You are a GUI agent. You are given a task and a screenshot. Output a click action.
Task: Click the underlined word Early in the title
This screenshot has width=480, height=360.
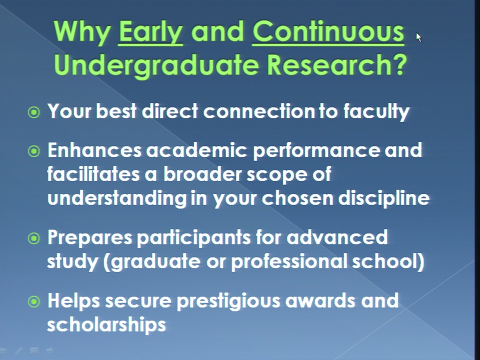tap(150, 32)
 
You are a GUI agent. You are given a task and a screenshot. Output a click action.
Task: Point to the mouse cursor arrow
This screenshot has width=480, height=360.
tap(419, 37)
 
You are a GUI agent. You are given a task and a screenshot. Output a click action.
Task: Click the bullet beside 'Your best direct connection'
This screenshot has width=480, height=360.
tap(33, 112)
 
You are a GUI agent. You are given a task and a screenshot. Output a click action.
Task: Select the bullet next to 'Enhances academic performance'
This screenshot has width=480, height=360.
tap(33, 151)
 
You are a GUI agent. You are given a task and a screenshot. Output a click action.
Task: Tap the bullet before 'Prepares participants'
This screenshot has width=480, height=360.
tap(33, 238)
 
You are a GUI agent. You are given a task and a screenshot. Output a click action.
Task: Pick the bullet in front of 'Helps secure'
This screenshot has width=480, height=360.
tap(33, 302)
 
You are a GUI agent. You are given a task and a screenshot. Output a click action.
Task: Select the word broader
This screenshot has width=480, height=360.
tap(202, 174)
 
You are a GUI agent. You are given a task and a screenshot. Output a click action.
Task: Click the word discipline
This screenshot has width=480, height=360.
tap(384, 198)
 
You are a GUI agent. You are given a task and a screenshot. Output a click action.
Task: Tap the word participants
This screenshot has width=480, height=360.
tap(193, 238)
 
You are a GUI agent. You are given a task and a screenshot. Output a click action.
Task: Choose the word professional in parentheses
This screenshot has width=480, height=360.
tap(289, 261)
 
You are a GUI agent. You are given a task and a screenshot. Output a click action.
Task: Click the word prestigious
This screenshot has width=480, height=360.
tap(228, 301)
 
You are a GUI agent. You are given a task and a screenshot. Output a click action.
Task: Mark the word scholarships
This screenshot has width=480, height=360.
tap(106, 325)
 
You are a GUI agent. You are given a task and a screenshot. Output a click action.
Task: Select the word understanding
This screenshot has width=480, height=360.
tap(117, 198)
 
